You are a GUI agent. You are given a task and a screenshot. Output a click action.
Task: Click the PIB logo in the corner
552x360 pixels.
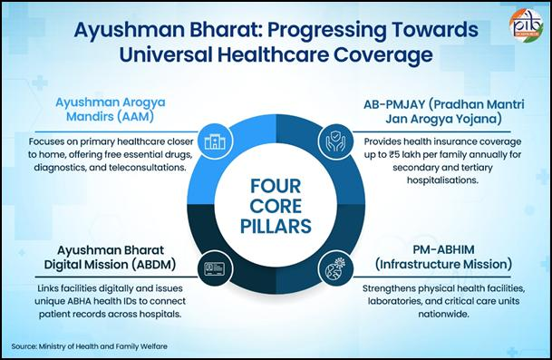526,25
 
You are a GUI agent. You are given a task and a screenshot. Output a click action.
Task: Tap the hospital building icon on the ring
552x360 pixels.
215,141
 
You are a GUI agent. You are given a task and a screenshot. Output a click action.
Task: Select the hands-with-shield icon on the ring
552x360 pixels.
336,141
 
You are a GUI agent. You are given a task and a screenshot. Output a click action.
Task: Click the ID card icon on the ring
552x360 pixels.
215,268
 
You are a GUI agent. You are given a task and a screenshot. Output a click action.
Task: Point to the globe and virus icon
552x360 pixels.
336,268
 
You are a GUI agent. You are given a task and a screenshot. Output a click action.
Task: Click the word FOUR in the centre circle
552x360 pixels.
276,186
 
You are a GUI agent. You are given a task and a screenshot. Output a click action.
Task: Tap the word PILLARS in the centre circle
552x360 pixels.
276,226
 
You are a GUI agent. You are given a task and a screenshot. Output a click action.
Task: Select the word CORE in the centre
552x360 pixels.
276,206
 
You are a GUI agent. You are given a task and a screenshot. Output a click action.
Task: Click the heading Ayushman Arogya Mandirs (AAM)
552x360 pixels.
111,109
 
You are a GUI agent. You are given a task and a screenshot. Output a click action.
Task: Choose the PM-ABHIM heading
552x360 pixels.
443,249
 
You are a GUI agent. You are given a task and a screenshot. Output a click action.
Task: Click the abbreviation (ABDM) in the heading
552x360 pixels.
153,265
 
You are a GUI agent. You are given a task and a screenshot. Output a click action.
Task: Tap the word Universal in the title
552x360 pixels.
166,55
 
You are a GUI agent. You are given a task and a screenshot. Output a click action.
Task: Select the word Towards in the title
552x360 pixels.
435,29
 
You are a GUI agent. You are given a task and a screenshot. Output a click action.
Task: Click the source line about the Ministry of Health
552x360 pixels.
89,346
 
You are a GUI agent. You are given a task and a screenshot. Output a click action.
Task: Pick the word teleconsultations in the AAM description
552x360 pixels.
147,168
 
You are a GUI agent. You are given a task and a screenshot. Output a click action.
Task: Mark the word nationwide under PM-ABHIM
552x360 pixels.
443,314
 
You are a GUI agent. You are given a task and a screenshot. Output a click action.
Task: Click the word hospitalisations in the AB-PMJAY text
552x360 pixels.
442,180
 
